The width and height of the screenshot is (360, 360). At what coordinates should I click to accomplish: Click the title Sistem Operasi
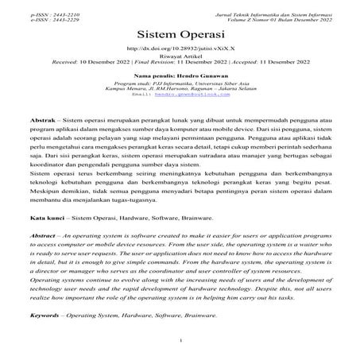click(180, 36)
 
